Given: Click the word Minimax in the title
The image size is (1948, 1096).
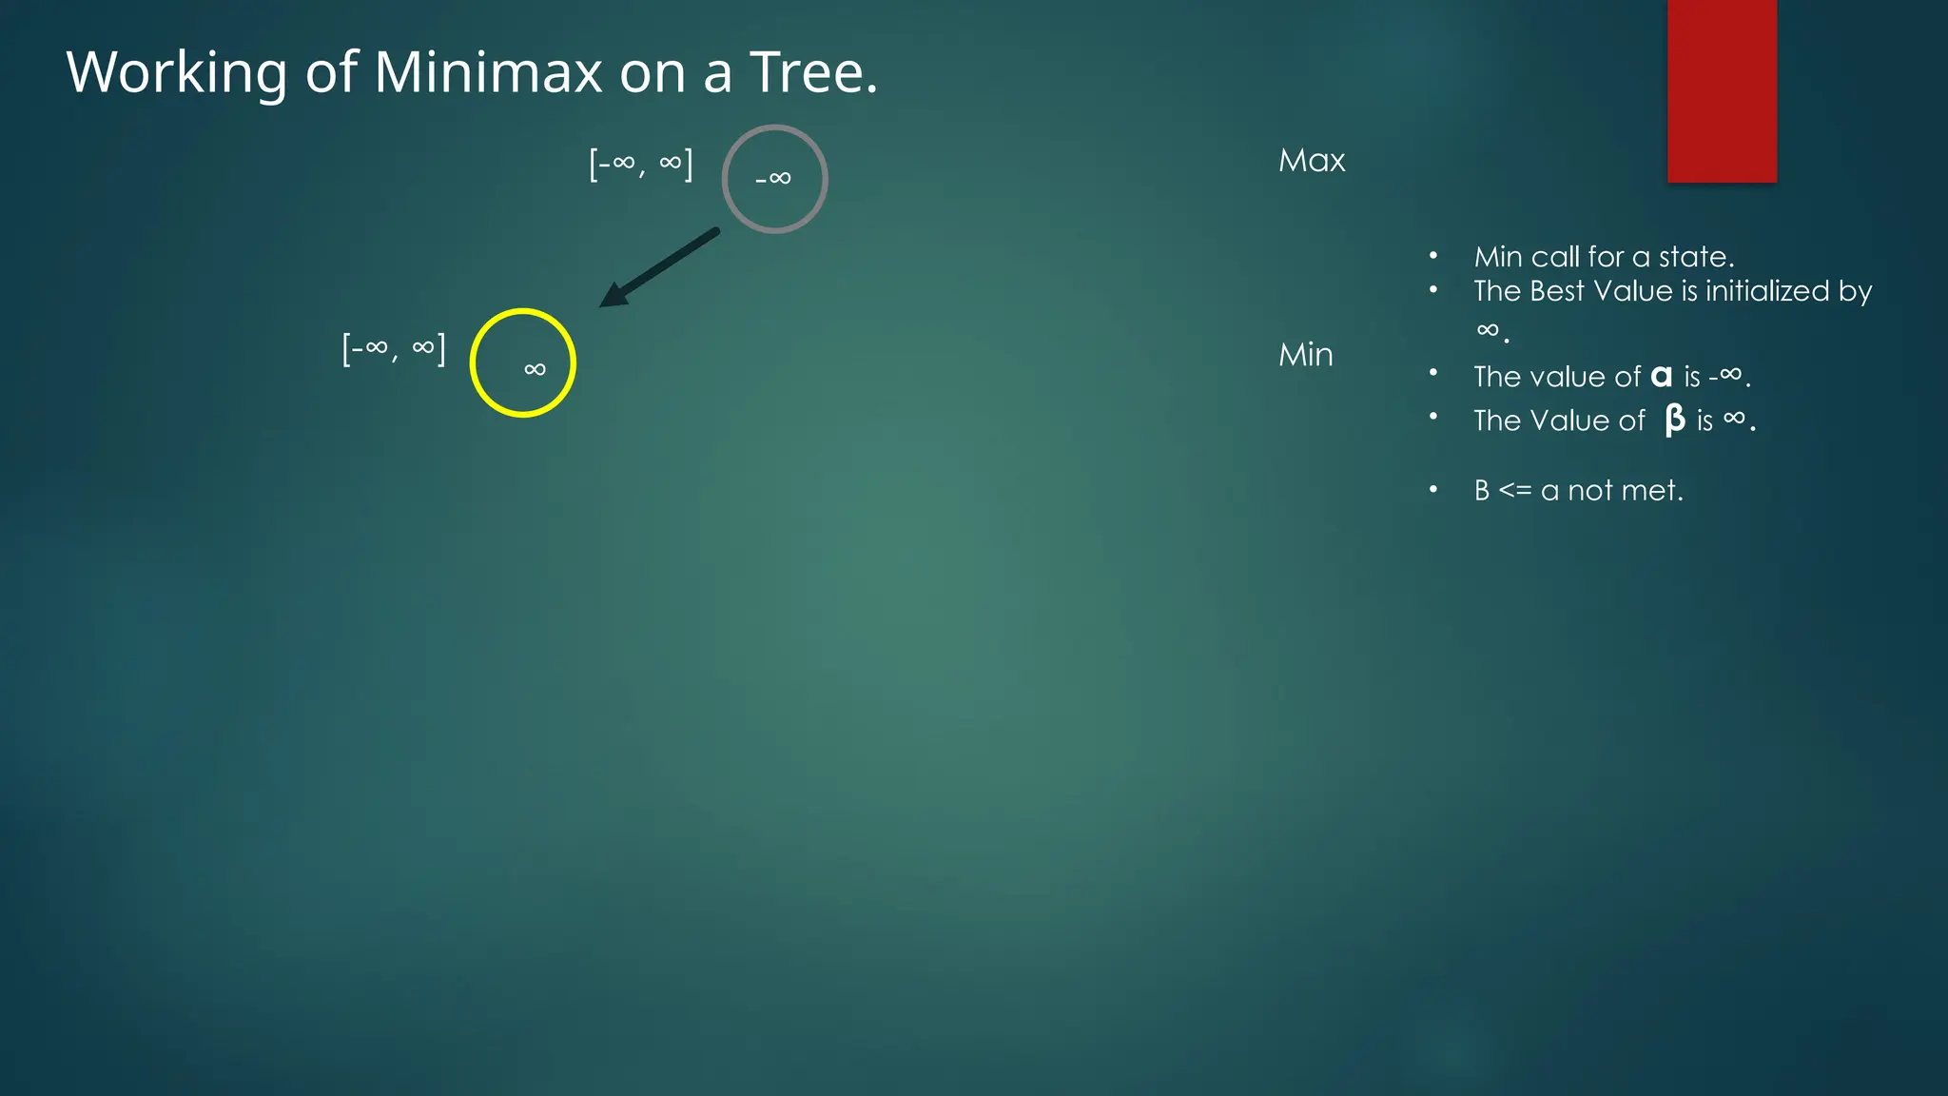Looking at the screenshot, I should point(488,72).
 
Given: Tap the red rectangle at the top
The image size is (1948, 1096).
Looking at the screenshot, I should point(1722,90).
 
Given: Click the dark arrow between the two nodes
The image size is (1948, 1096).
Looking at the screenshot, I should point(659,267).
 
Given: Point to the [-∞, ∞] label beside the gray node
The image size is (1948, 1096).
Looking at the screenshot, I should point(641,164).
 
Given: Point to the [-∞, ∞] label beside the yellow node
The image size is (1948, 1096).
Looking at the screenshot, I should point(394,348).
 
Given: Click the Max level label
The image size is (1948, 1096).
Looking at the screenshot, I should point(1312,161).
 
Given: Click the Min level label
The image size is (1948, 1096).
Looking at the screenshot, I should point(1306,355).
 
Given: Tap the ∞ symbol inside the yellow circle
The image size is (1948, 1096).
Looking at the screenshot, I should point(535,369).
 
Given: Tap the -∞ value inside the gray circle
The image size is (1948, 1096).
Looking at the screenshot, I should point(773,178).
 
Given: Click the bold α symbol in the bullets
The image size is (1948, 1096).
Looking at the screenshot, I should point(1662,377).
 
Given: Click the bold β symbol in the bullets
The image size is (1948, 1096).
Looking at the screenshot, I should point(1675,420).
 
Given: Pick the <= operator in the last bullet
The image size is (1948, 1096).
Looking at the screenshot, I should point(1515,491).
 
